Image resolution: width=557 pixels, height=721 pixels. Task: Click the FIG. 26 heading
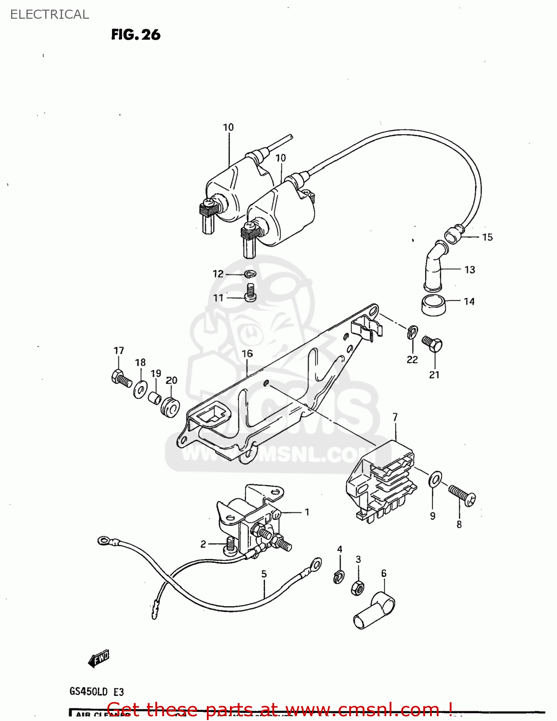click(136, 35)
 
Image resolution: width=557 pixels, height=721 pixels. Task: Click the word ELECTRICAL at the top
click(50, 14)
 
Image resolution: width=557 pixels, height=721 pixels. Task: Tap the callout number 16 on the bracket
click(247, 354)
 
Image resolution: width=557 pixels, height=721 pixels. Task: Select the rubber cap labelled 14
click(433, 305)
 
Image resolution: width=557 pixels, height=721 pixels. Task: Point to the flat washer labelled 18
click(140, 388)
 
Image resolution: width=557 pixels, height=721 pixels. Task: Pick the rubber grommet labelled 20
click(170, 407)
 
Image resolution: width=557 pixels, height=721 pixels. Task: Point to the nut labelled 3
click(357, 587)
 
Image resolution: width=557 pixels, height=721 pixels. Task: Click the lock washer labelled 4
click(339, 576)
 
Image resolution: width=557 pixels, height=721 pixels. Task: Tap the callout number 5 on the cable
click(264, 574)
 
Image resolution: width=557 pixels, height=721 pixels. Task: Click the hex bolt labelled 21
click(432, 344)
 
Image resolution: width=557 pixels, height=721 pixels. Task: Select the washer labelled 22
click(412, 332)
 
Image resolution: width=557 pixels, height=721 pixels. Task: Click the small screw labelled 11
click(250, 292)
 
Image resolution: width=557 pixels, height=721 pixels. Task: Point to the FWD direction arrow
click(99, 659)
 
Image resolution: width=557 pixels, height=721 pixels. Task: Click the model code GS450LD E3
click(97, 692)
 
